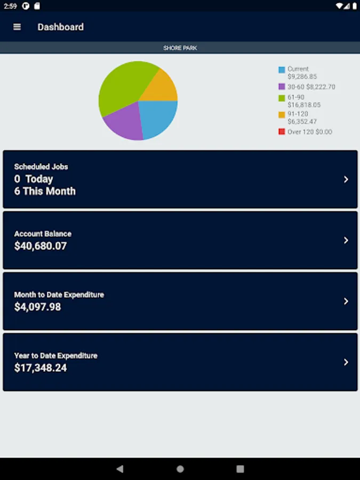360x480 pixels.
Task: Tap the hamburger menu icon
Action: (17, 27)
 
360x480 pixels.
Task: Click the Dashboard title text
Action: (60, 27)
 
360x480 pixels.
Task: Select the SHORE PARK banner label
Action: (180, 48)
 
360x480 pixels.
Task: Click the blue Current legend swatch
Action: (282, 70)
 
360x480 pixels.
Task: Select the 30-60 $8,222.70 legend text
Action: (311, 86)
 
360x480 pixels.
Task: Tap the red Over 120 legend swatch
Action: (282, 132)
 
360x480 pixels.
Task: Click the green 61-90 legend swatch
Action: (282, 98)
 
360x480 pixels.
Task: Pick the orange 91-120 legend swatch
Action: (282, 115)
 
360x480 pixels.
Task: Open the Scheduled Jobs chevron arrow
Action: (346, 179)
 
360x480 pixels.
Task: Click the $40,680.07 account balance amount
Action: (41, 246)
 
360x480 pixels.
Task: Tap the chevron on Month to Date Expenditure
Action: (346, 301)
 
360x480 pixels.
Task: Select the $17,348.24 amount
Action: (41, 367)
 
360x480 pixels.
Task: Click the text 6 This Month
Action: (45, 191)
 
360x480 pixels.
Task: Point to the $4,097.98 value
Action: (37, 307)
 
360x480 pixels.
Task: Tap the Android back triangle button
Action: (120, 469)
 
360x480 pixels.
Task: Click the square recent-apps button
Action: (240, 469)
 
